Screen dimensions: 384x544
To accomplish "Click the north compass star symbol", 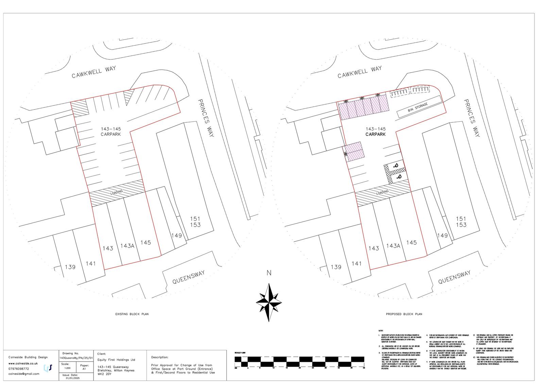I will (x=269, y=302).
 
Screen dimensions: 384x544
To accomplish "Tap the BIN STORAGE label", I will (x=418, y=108).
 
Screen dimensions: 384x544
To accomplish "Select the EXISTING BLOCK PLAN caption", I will (x=132, y=314).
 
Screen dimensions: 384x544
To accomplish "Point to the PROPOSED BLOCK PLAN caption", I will (x=404, y=314).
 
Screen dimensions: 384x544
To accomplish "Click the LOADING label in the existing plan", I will (x=116, y=192).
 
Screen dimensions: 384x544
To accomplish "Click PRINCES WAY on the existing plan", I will (x=206, y=118).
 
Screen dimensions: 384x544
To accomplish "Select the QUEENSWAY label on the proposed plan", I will (x=454, y=277).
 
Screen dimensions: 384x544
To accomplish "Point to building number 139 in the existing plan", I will (x=70, y=267).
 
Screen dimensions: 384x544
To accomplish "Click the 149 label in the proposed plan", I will (x=442, y=235).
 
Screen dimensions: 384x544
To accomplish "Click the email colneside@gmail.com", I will (x=24, y=374).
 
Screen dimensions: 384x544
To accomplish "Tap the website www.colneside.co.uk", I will (x=23, y=363).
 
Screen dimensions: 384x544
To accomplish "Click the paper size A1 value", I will (x=84, y=368).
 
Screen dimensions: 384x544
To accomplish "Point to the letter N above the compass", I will (x=269, y=273).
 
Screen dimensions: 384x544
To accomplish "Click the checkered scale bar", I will (x=300, y=361).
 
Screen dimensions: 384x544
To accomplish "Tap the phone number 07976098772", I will (x=19, y=369).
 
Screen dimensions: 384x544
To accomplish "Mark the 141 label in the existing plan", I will (x=91, y=263).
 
